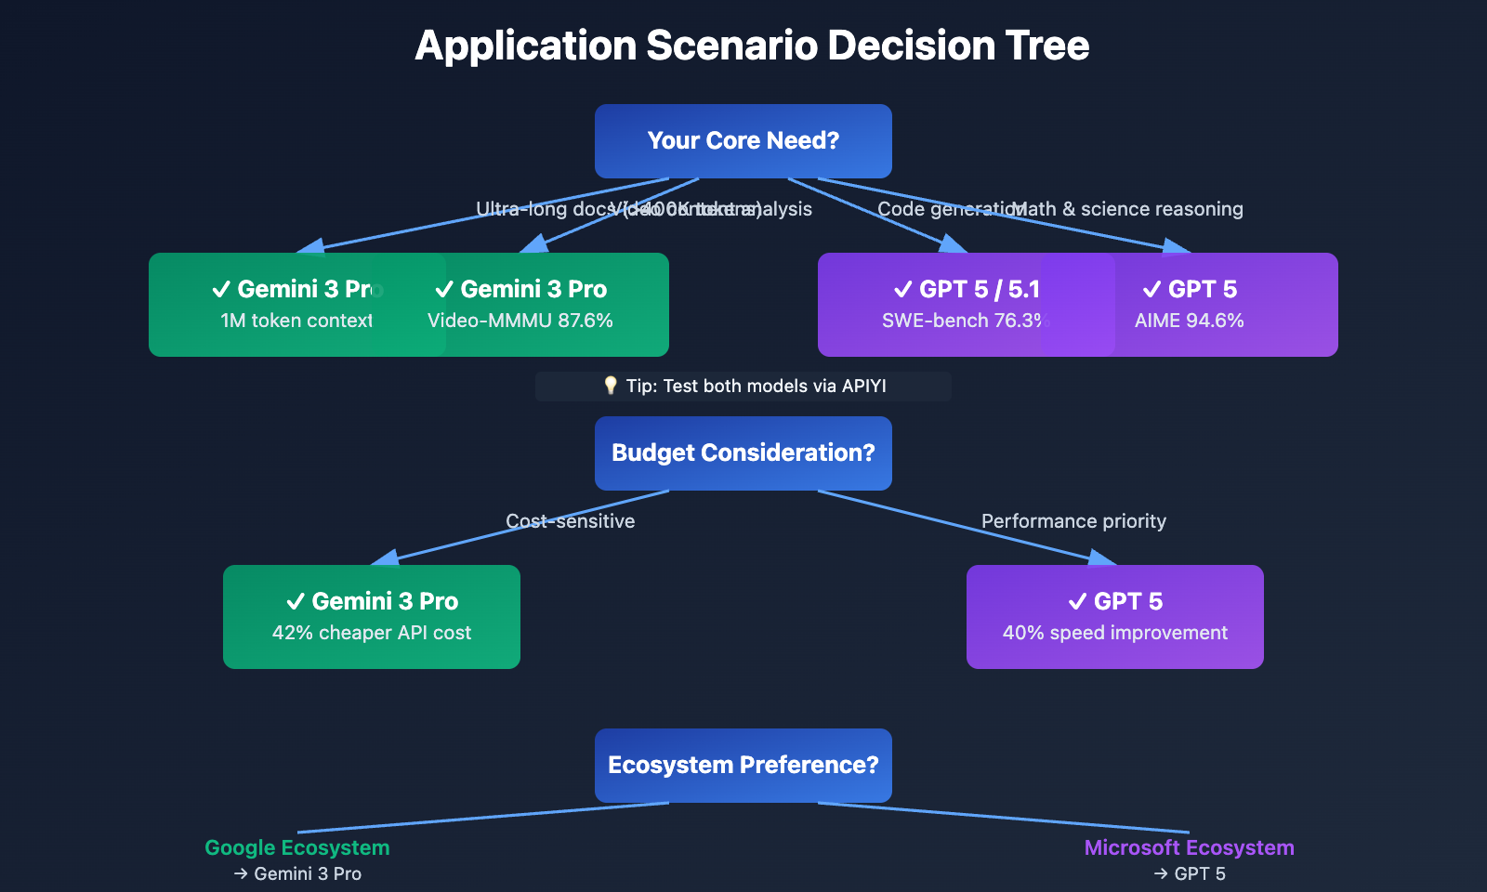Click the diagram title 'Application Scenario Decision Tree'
(x=752, y=46)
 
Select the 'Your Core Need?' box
(x=743, y=141)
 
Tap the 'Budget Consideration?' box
(x=743, y=453)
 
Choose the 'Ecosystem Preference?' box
(x=743, y=766)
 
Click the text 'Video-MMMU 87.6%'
(x=520, y=321)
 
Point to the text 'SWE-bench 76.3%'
(x=965, y=321)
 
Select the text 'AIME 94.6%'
(x=1189, y=321)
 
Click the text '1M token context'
(x=296, y=321)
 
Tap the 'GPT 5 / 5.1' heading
(x=980, y=290)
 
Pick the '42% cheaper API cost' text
(x=372, y=633)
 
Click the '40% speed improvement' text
(x=1115, y=633)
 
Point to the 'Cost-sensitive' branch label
(x=570, y=521)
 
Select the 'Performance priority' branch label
(x=1073, y=521)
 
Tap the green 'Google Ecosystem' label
(x=297, y=847)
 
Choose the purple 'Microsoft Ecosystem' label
(x=1189, y=847)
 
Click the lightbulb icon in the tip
(x=611, y=386)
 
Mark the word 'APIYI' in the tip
(x=863, y=387)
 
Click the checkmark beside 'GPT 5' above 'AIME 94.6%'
(x=1151, y=290)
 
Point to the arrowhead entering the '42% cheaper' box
(x=386, y=557)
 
